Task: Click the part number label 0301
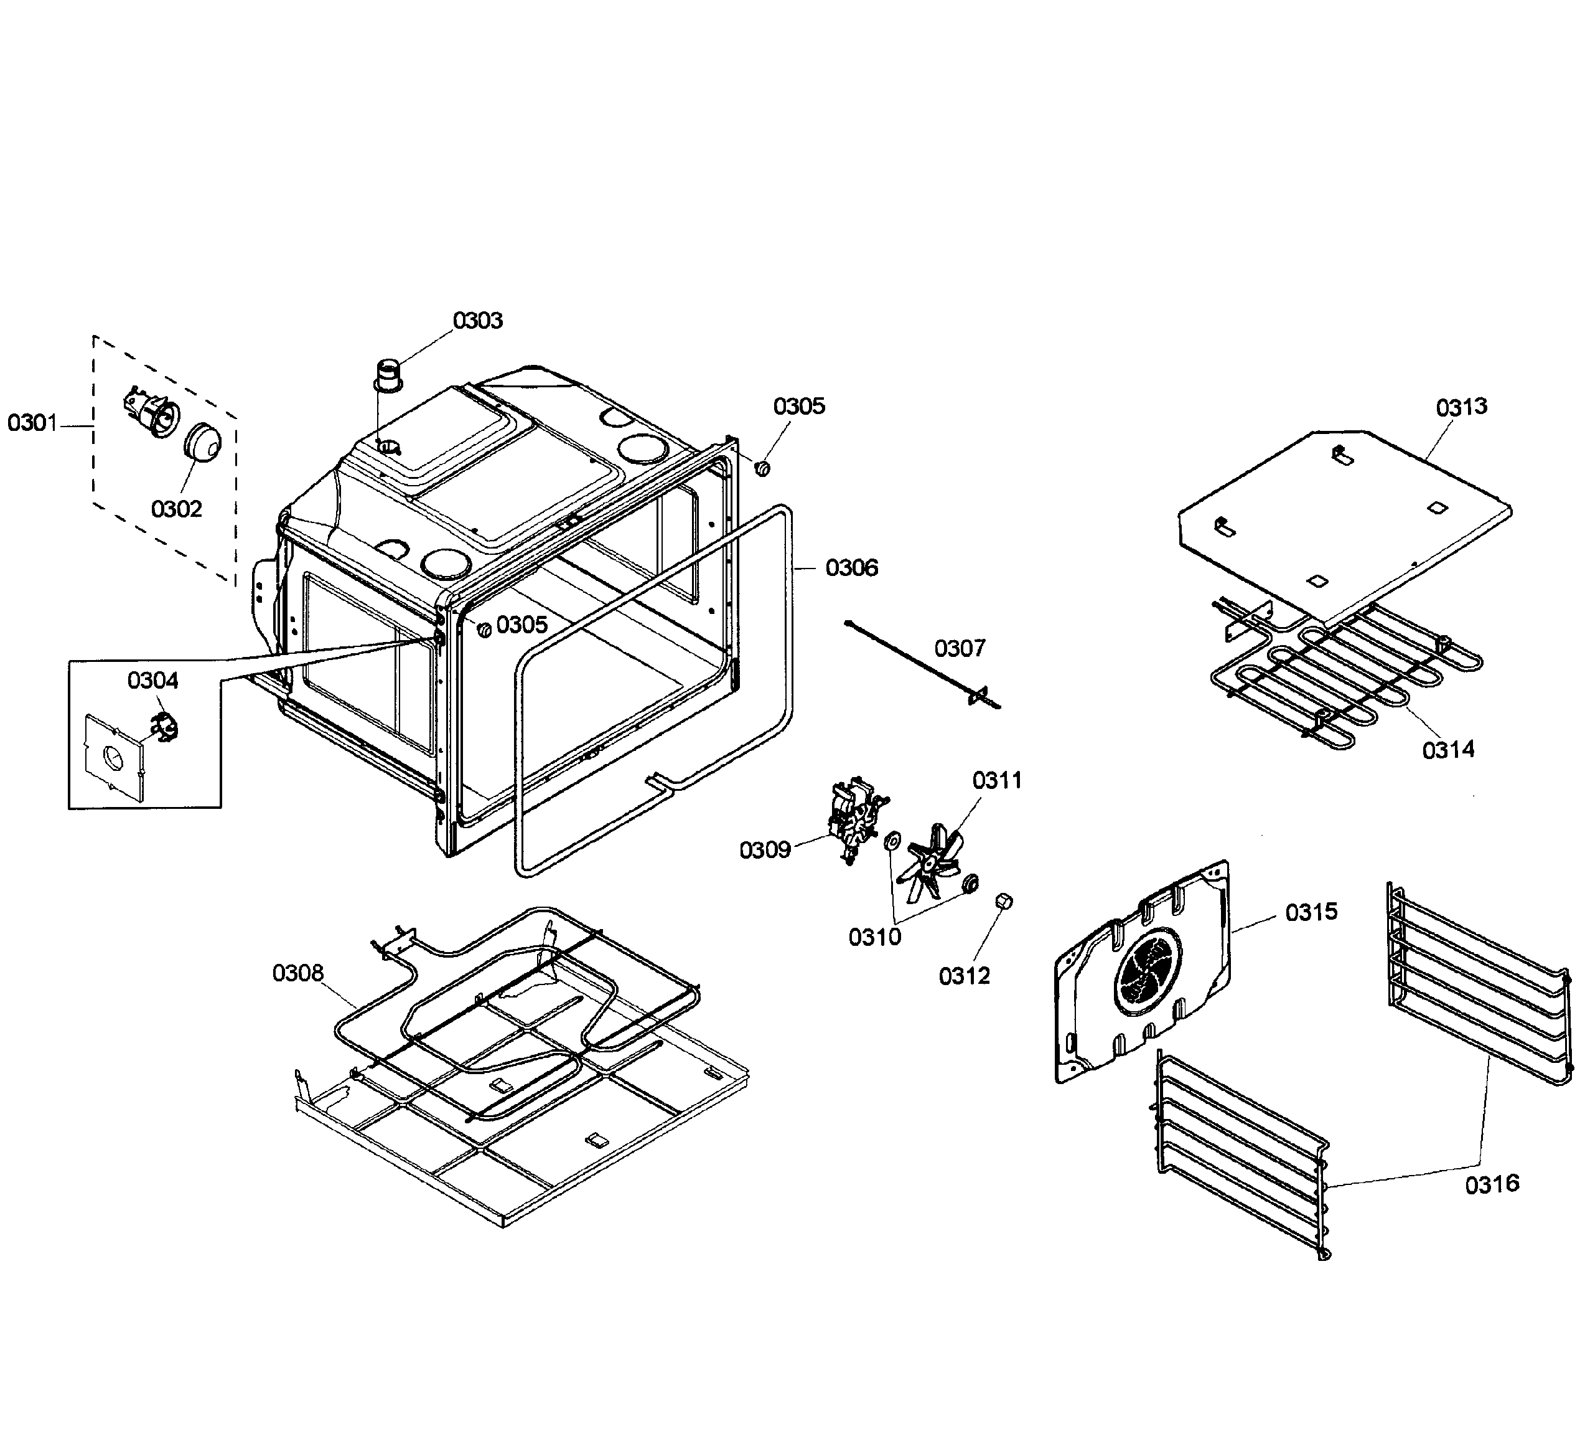click(x=32, y=423)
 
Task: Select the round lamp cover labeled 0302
click(x=202, y=443)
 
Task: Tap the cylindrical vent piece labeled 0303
click(x=387, y=375)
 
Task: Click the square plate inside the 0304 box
click(x=114, y=757)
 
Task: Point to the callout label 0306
click(x=851, y=568)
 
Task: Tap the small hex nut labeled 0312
click(x=1003, y=901)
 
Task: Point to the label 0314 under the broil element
click(x=1448, y=750)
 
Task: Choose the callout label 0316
click(x=1492, y=1184)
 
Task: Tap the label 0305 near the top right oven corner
click(x=799, y=406)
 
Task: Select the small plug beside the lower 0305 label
click(x=484, y=628)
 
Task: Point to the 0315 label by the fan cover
click(x=1311, y=912)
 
